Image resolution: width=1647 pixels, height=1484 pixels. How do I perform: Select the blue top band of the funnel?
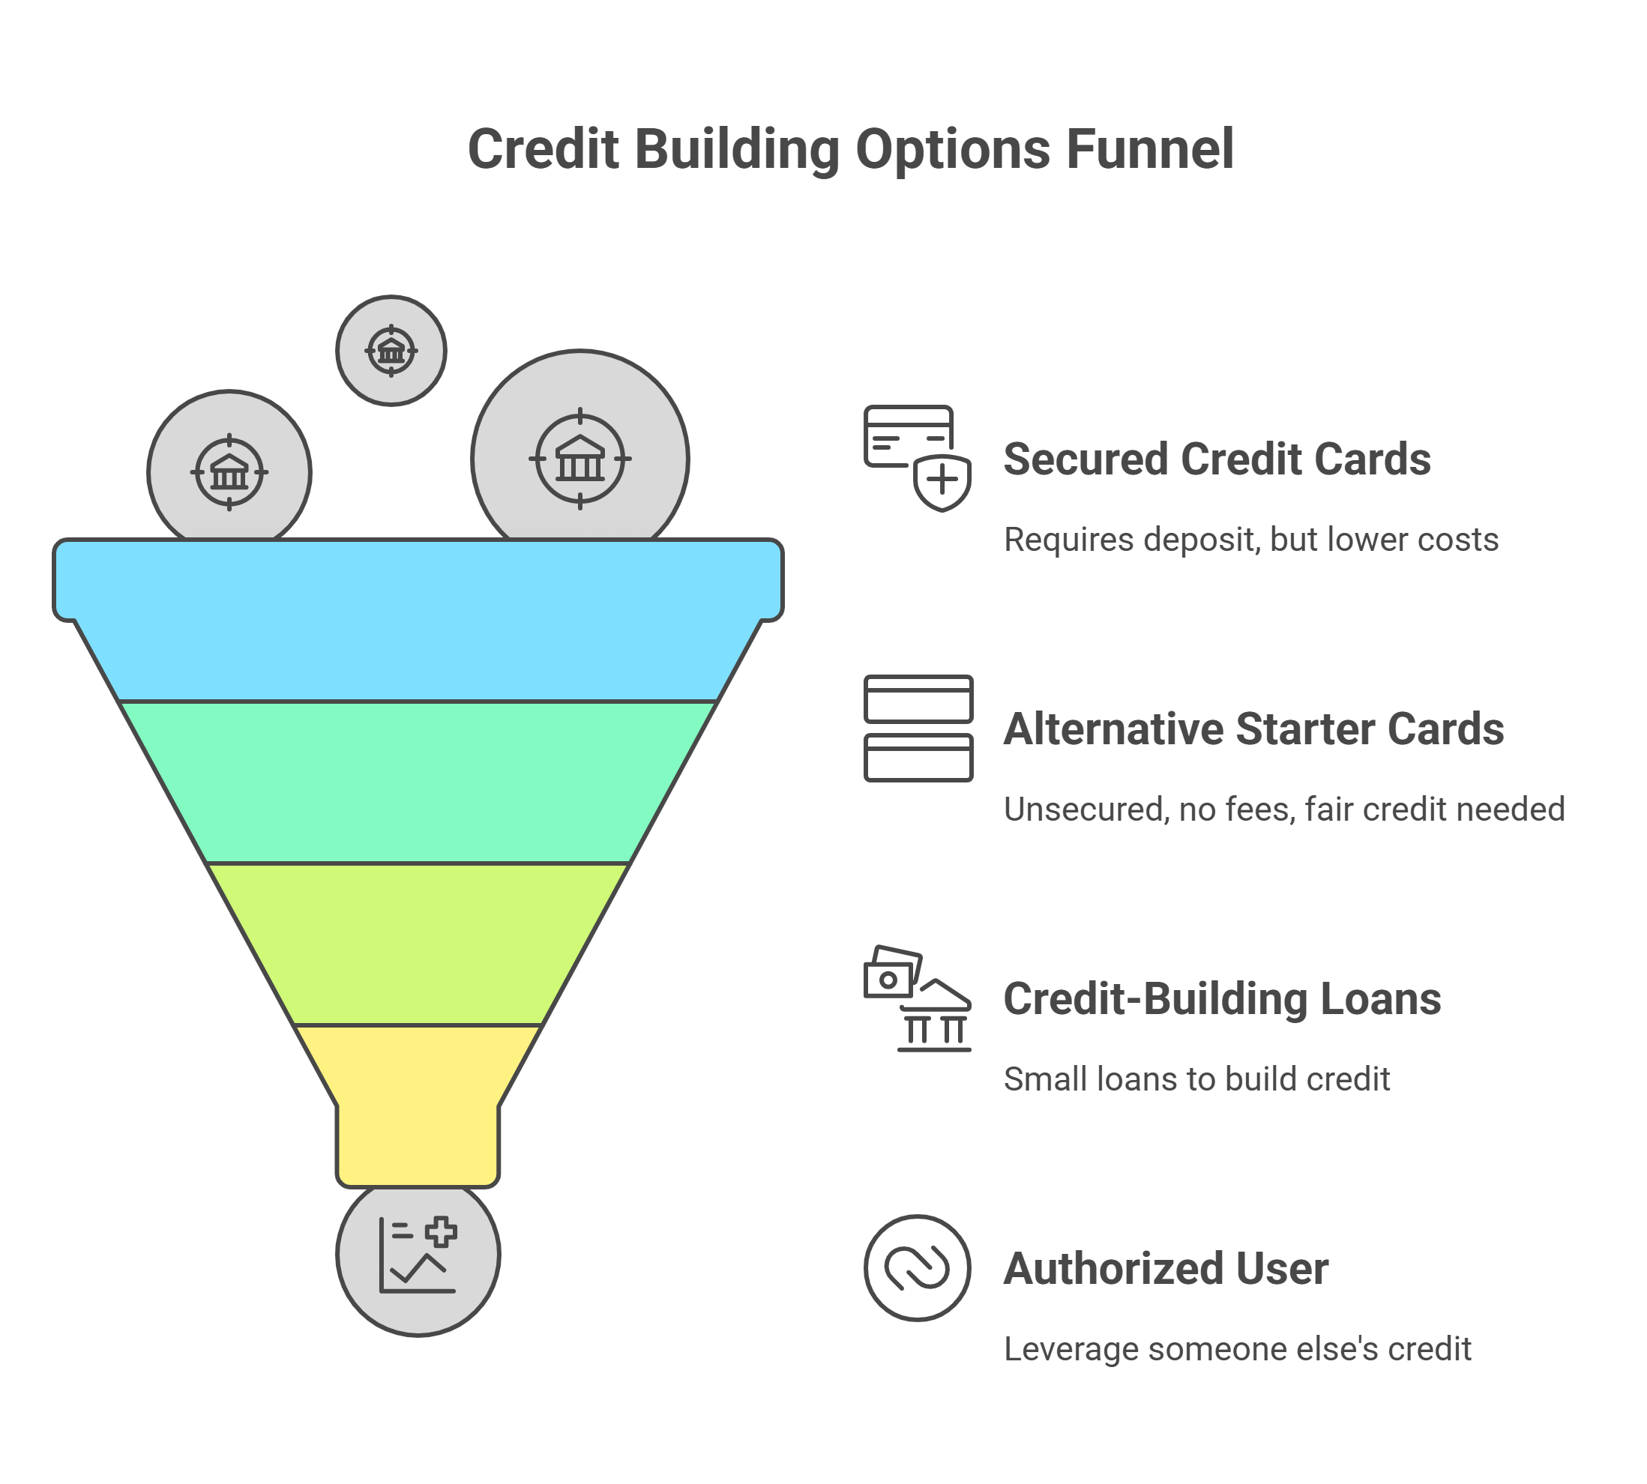(418, 620)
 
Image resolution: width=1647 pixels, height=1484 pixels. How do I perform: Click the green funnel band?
(418, 781)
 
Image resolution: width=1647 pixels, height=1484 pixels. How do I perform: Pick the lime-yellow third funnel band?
(418, 943)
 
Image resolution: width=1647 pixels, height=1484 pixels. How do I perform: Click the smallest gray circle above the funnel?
(391, 351)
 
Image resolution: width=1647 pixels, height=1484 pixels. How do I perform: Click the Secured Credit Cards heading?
(1217, 459)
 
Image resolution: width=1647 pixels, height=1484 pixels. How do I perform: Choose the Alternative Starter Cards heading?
(1253, 729)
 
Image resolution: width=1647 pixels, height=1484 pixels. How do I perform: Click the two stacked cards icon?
(918, 729)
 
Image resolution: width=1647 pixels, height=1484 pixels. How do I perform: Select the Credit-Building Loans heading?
(1221, 999)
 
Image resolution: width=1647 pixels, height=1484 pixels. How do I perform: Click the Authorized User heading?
(1166, 1269)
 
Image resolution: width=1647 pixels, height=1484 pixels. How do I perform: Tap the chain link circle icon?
(918, 1268)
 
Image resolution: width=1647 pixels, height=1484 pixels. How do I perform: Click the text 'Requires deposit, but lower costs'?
(1250, 540)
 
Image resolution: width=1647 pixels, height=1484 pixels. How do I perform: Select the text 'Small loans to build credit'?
(1196, 1079)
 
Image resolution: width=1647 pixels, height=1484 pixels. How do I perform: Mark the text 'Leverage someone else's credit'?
(1237, 1349)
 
